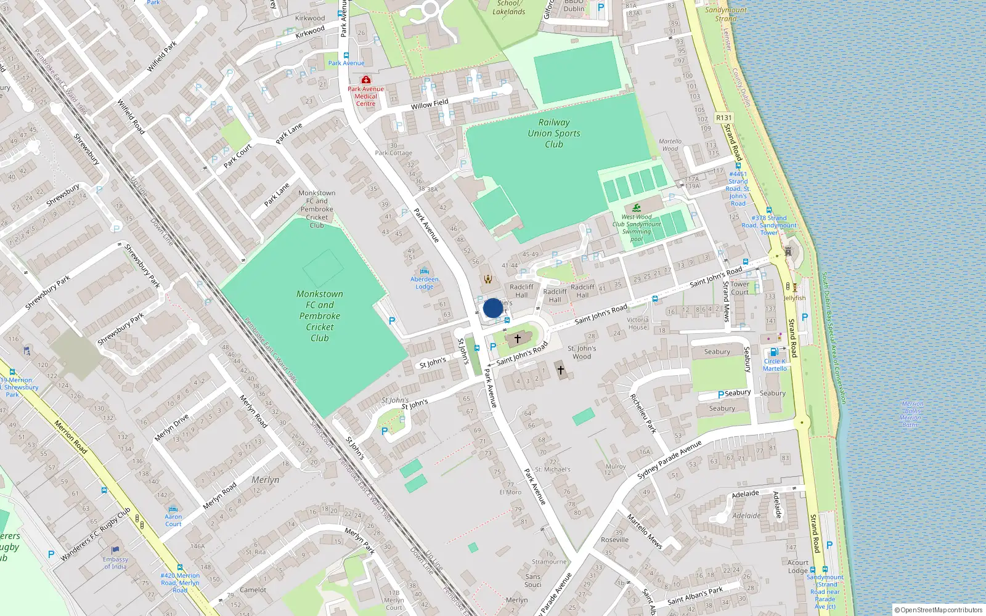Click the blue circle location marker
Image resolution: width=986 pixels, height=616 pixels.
tap(492, 308)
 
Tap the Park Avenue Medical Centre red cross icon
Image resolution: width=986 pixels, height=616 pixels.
tap(365, 80)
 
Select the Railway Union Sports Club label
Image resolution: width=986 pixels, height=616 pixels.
tap(553, 133)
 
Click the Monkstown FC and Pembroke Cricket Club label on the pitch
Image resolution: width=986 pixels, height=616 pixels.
tap(319, 316)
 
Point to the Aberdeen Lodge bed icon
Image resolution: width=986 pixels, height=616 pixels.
tap(424, 272)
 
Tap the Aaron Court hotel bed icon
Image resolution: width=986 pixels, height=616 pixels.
tap(173, 509)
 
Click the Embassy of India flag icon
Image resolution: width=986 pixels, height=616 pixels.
tap(115, 550)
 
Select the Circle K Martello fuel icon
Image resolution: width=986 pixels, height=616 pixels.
tap(774, 352)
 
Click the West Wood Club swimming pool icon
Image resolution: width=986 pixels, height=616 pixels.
tap(637, 208)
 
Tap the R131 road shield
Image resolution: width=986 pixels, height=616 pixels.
tap(724, 118)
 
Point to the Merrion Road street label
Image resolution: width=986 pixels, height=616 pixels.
tap(70, 437)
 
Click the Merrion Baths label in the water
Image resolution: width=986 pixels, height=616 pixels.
tap(911, 414)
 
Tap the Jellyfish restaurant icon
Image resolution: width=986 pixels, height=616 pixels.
tap(794, 288)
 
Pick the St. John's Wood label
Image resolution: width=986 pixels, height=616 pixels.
tap(582, 352)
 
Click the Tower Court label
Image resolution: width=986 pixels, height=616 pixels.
tap(739, 288)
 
